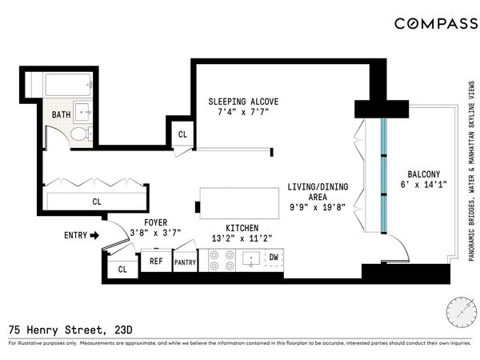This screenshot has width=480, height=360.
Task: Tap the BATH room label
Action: point(61,114)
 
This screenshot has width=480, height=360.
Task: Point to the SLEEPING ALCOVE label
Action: point(243,102)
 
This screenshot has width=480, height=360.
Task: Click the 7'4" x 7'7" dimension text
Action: point(243,113)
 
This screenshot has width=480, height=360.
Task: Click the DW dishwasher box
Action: point(273,258)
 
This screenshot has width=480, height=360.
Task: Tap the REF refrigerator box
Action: point(155,261)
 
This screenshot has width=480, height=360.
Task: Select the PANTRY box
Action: point(185,262)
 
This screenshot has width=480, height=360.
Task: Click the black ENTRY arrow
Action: point(94,235)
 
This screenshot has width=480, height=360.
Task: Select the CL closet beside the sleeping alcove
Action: point(182,134)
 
